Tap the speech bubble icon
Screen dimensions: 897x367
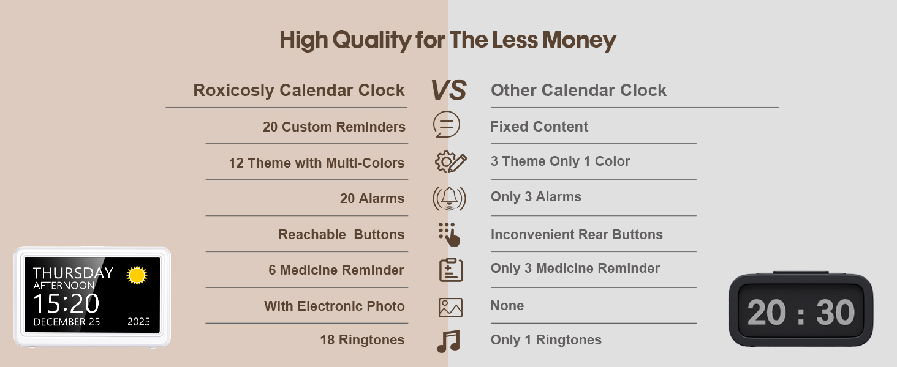tap(447, 124)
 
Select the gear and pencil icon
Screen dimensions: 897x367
tap(451, 162)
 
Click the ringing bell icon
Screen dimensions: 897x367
tap(449, 198)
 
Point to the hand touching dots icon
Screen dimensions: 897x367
tap(449, 234)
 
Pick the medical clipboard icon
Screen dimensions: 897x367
tap(451, 270)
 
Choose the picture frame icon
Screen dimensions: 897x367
tap(450, 308)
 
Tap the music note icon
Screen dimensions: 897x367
tap(449, 341)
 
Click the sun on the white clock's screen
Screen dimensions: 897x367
tap(137, 275)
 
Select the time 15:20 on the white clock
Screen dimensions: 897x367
tap(66, 303)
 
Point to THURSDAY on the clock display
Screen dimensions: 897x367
tap(73, 273)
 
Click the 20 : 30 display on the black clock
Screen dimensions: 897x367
tap(801, 312)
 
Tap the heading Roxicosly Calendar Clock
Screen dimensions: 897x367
tap(299, 91)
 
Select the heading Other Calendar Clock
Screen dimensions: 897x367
tap(578, 91)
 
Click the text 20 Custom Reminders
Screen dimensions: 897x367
tap(334, 127)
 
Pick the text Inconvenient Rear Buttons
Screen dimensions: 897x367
tap(577, 235)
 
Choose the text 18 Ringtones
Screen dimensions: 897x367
tap(362, 340)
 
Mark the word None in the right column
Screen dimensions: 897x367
tap(507, 305)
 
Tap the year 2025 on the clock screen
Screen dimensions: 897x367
tap(138, 322)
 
